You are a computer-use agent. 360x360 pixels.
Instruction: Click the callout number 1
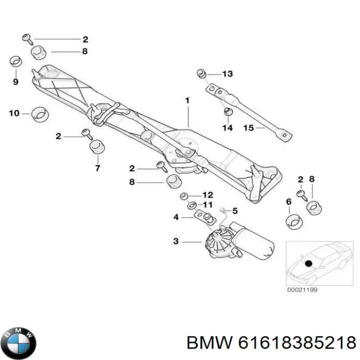pyautogui.click(x=187, y=100)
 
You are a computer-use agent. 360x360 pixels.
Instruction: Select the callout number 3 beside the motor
pyautogui.click(x=175, y=241)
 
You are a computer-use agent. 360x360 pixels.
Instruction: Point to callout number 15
pyautogui.click(x=248, y=128)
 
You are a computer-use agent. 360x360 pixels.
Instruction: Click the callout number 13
pyautogui.click(x=227, y=74)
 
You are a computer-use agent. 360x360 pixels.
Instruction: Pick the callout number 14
pyautogui.click(x=227, y=128)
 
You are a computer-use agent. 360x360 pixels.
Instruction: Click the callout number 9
pyautogui.click(x=15, y=81)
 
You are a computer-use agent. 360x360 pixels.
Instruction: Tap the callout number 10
pyautogui.click(x=13, y=113)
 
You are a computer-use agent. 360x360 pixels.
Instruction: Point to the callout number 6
pyautogui.click(x=288, y=201)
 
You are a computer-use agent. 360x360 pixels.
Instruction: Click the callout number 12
pyautogui.click(x=207, y=194)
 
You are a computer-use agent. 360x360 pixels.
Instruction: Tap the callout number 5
pyautogui.click(x=235, y=210)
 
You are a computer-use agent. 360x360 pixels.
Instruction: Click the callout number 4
pyautogui.click(x=176, y=217)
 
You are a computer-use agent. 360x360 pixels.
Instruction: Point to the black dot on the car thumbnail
pyautogui.click(x=308, y=263)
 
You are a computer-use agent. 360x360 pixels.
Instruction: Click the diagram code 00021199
pyautogui.click(x=302, y=289)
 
